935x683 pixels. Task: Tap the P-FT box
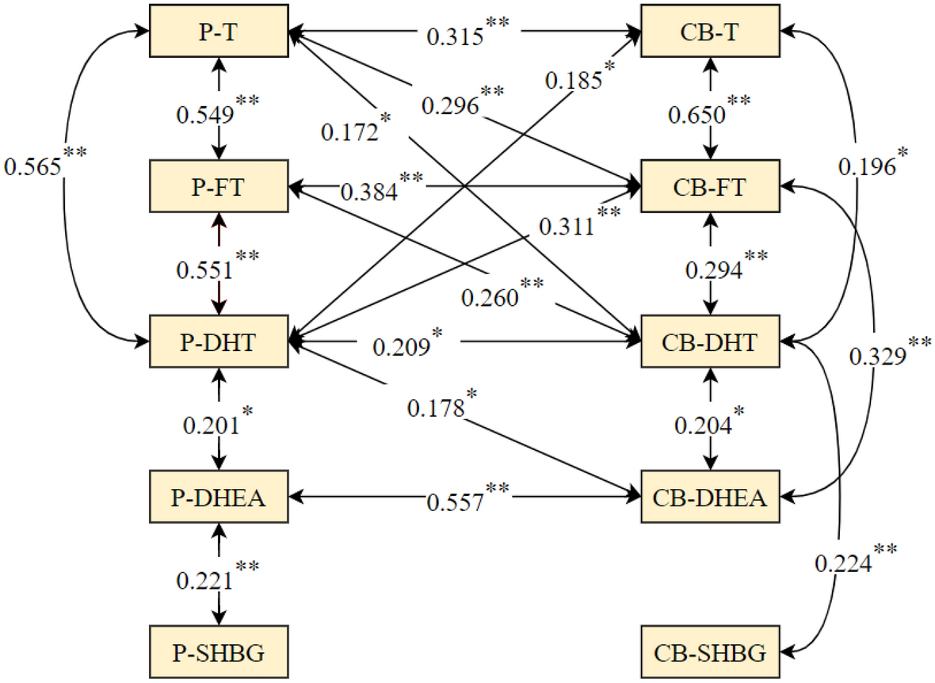coord(217,189)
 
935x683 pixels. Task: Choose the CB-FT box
coord(710,189)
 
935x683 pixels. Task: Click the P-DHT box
coord(217,343)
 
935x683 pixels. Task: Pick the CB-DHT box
coord(710,343)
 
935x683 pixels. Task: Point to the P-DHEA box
coord(217,498)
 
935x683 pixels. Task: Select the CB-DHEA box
coord(710,498)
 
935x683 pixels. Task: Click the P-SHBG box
coord(217,653)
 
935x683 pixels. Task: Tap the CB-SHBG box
coord(710,653)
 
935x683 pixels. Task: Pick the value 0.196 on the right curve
coord(868,167)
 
